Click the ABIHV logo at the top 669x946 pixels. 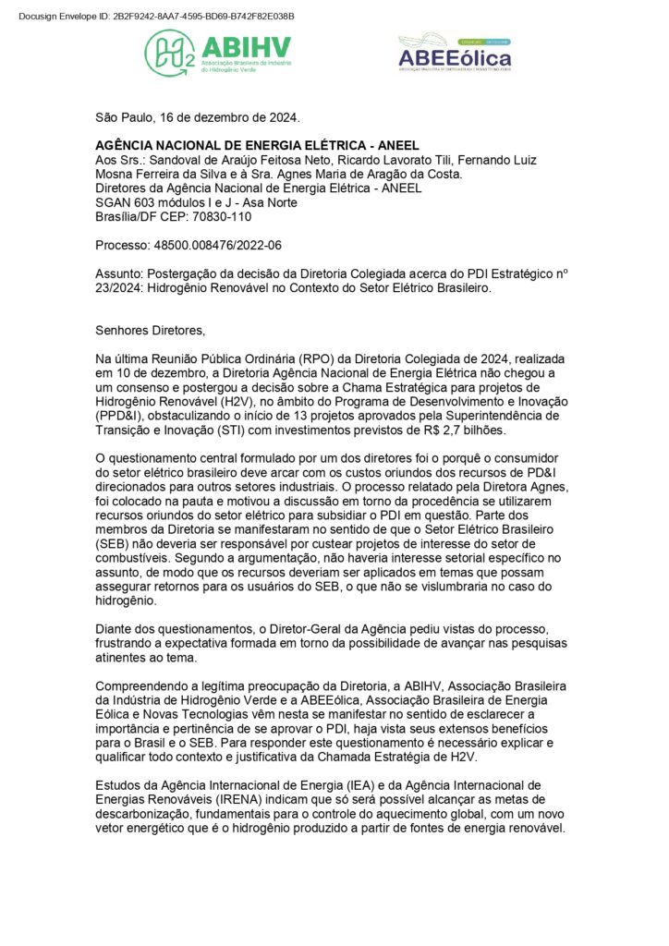point(217,53)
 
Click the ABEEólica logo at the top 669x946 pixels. point(454,53)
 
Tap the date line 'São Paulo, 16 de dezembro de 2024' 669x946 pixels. point(198,117)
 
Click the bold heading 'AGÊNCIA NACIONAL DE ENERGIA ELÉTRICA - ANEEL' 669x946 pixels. point(258,145)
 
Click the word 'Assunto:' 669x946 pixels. point(120,274)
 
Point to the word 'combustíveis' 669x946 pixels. point(136,559)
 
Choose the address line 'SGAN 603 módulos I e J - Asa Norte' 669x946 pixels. point(196,202)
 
